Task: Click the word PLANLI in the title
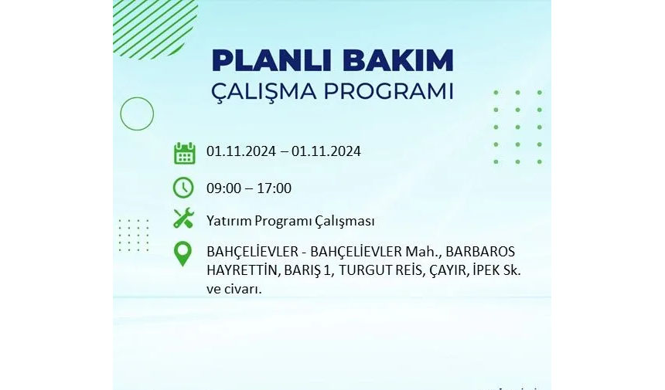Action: point(274,60)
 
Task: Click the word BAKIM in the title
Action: point(398,60)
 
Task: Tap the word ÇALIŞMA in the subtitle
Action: point(264,91)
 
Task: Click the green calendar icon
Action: point(185,153)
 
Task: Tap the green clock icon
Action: point(183,188)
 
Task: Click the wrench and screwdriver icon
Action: point(183,219)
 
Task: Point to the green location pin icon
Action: point(182,254)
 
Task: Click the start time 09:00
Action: point(223,188)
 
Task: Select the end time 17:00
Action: point(274,188)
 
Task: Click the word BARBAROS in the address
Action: point(480,252)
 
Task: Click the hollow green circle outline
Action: point(137,97)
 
